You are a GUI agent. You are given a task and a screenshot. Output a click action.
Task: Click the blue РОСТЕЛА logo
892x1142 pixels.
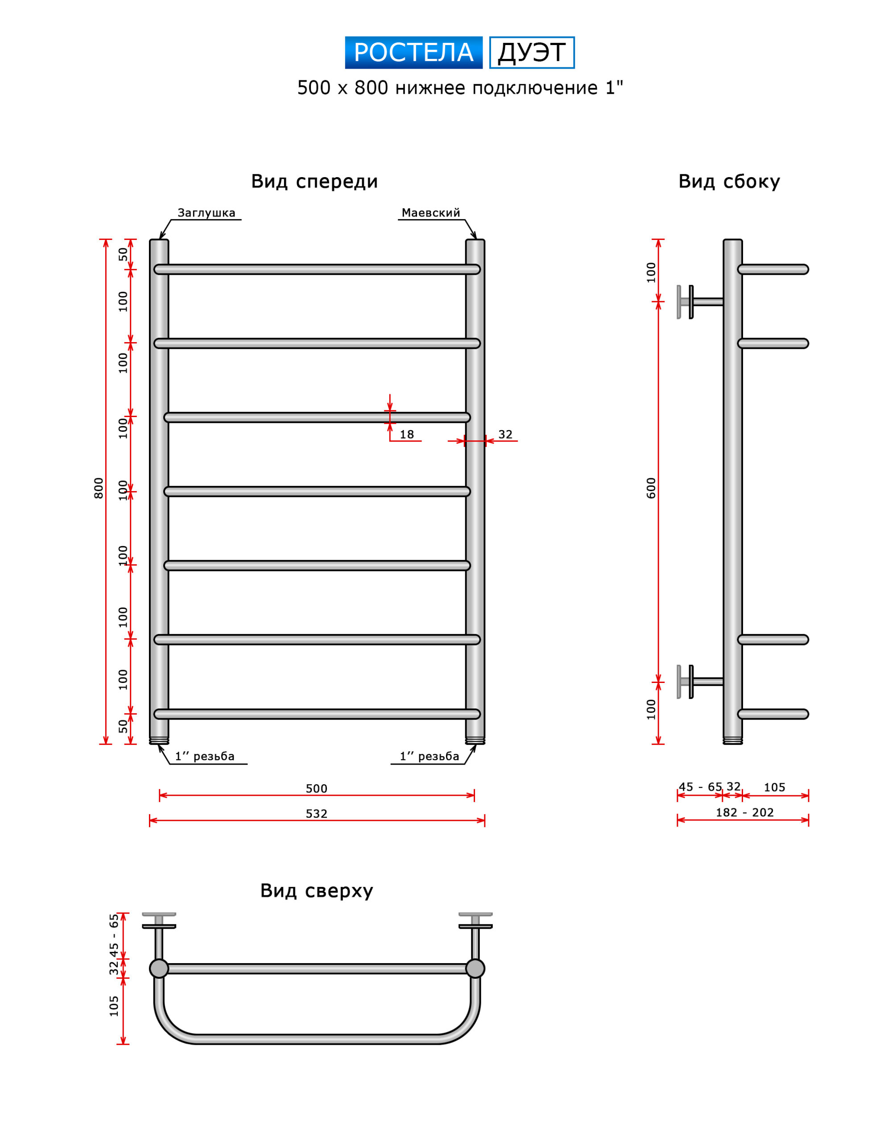pos(413,52)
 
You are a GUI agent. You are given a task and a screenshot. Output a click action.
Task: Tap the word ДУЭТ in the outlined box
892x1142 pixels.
pos(531,52)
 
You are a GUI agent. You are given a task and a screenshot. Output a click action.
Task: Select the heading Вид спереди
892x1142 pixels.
pos(314,182)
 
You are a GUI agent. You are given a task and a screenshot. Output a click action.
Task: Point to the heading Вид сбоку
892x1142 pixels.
pos(729,182)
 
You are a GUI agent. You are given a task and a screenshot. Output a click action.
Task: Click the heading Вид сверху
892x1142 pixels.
pos(316,890)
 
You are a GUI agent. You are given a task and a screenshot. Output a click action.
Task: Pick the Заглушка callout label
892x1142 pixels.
pos(206,213)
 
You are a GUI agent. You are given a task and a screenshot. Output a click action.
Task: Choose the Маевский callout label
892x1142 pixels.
pos(431,213)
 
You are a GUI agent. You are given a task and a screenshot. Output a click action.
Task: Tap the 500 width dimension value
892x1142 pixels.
pos(316,789)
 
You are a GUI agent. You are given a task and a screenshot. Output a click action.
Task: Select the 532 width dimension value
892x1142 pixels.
pos(316,814)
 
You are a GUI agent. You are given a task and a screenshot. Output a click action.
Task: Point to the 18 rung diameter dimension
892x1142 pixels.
pos(407,434)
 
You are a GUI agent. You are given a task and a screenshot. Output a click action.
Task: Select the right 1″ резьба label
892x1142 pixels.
pos(429,756)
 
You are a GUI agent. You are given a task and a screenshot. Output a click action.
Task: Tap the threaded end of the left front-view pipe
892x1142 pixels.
pos(159,741)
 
